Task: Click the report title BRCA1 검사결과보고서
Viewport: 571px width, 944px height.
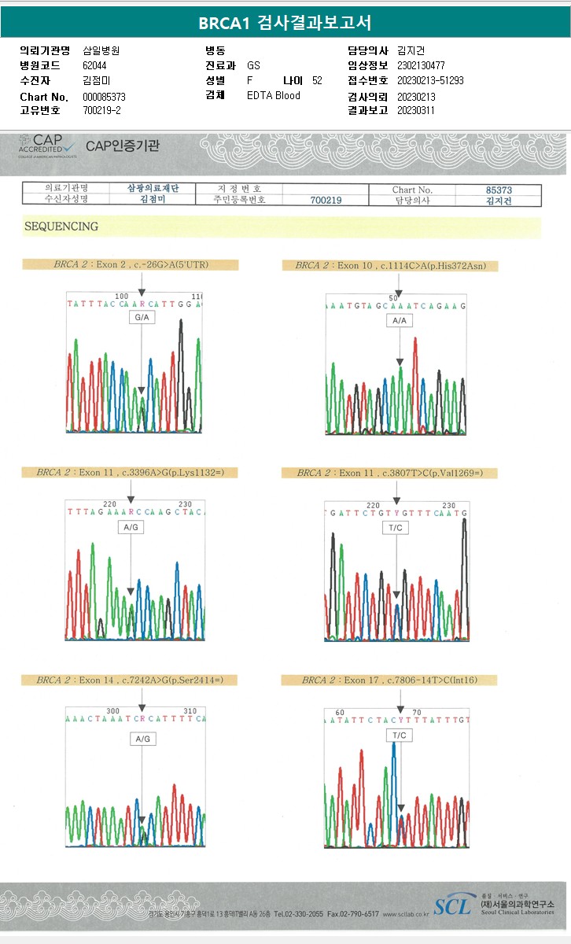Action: pyautogui.click(x=285, y=23)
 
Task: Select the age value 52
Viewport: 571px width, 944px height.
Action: pyautogui.click(x=317, y=81)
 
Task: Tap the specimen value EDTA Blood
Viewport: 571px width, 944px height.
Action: pyautogui.click(x=273, y=96)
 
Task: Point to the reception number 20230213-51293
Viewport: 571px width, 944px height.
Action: pyautogui.click(x=430, y=81)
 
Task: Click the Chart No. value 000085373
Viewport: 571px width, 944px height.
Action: pyautogui.click(x=104, y=97)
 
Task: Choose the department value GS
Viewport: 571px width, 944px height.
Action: pyautogui.click(x=253, y=66)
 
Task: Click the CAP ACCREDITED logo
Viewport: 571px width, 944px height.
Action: pyautogui.click(x=47, y=146)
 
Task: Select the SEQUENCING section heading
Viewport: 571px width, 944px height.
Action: pyautogui.click(x=61, y=227)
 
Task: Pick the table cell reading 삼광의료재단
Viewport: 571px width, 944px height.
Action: pyautogui.click(x=153, y=189)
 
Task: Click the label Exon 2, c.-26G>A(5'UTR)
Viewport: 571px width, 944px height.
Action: pyautogui.click(x=130, y=265)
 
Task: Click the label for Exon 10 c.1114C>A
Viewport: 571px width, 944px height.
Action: pyautogui.click(x=390, y=266)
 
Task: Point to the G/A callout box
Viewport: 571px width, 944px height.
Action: pyautogui.click(x=142, y=317)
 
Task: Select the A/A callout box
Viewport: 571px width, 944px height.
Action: pyautogui.click(x=400, y=320)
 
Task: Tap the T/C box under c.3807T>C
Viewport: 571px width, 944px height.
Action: pyautogui.click(x=395, y=527)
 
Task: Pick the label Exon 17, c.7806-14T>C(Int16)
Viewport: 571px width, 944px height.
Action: pyautogui.click(x=389, y=680)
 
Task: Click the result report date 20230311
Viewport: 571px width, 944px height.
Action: pyautogui.click(x=416, y=111)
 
